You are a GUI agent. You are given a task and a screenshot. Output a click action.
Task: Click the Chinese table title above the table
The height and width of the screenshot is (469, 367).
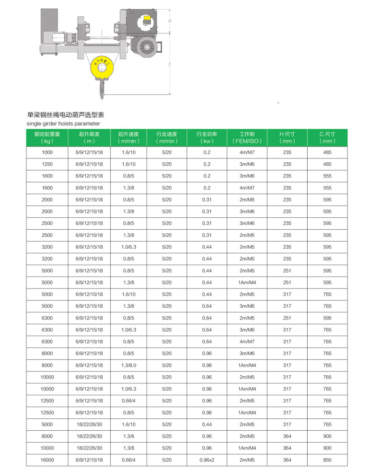66,115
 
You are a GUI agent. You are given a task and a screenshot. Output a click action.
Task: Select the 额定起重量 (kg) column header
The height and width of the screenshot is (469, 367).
47,138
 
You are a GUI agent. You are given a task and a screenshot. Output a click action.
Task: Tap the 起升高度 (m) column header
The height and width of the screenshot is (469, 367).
89,138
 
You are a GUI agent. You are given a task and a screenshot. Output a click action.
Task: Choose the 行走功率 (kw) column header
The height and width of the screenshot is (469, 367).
206,138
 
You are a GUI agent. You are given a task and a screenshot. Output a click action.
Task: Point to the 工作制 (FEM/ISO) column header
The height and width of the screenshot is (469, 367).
247,138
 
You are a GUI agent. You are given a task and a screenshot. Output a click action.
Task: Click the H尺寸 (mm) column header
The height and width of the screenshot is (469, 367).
287,138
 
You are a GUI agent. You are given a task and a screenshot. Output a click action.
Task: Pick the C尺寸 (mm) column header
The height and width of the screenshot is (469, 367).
327,138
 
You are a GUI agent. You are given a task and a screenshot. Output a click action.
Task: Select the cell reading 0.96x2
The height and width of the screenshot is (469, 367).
206,460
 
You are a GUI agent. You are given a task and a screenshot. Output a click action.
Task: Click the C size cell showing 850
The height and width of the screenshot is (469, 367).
327,460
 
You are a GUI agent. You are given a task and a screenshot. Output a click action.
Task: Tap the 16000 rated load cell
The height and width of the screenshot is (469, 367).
47,460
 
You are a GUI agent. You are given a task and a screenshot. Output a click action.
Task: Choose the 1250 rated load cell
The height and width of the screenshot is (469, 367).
47,164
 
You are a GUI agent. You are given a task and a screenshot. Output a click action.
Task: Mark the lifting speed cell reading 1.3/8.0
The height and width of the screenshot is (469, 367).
129,365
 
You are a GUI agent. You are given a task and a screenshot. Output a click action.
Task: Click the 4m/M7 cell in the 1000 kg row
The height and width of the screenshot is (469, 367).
247,152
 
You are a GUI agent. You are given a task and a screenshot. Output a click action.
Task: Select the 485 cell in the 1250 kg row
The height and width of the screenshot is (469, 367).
327,164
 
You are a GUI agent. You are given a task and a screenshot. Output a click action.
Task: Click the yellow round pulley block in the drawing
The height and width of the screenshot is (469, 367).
103,69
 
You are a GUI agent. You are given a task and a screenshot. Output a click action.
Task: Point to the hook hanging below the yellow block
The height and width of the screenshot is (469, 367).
103,91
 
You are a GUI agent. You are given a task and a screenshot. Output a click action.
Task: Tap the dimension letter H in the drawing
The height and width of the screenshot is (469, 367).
170,21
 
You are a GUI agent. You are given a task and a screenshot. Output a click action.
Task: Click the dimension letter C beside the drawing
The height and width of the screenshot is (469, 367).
170,64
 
